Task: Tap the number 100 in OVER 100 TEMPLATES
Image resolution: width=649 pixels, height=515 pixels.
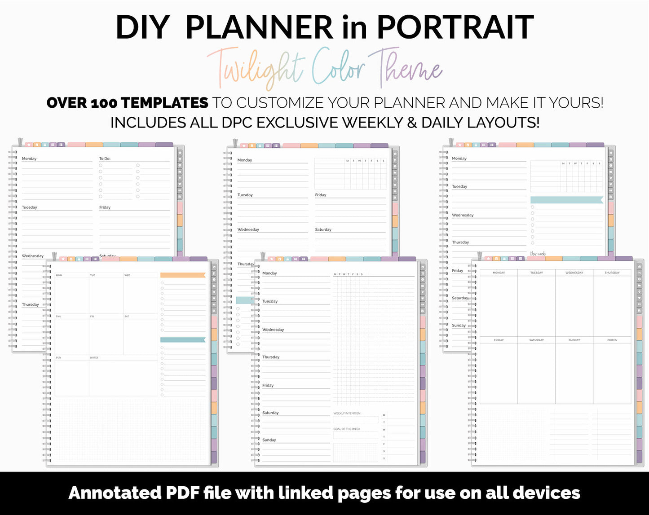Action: click(104, 103)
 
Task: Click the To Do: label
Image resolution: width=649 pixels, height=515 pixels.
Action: click(105, 158)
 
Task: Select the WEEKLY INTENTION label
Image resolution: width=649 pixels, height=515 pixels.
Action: click(347, 413)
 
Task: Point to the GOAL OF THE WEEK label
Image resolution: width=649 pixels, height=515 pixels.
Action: click(347, 429)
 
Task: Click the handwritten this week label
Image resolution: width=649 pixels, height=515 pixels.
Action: click(538, 254)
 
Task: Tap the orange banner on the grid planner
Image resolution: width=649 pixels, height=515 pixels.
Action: click(182, 275)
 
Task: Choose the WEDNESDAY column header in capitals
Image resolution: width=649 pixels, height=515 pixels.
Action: click(574, 273)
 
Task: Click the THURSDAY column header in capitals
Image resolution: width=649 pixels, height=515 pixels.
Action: click(612, 273)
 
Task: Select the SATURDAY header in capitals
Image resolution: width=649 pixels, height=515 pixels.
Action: click(536, 340)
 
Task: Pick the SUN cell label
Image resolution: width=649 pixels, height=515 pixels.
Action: click(58, 357)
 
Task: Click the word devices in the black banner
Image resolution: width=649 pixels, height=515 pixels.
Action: click(546, 493)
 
